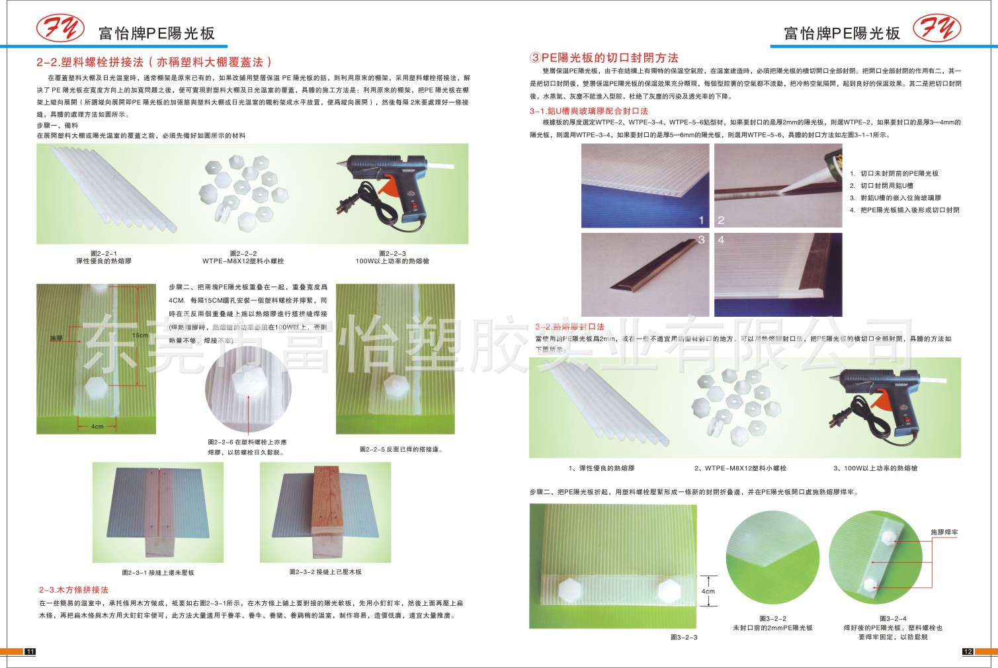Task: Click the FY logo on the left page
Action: click(60, 28)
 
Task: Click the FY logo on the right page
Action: click(937, 28)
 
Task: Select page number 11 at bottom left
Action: click(30, 652)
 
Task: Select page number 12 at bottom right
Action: click(968, 652)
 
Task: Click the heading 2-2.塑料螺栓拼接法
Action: click(153, 62)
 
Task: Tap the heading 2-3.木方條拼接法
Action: click(73, 589)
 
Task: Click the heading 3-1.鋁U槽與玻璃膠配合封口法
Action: click(589, 111)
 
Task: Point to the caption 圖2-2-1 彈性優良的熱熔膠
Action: click(104, 257)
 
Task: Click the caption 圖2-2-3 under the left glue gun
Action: click(392, 257)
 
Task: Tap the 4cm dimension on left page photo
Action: click(98, 427)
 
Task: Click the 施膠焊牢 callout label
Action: click(944, 532)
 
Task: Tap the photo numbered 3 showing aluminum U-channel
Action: click(645, 274)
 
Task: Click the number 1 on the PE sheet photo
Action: click(702, 220)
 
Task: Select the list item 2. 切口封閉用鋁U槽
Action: click(882, 186)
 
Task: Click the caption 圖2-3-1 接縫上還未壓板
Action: click(158, 572)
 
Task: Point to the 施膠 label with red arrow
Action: click(56, 338)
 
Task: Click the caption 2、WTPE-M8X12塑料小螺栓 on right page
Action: click(740, 468)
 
